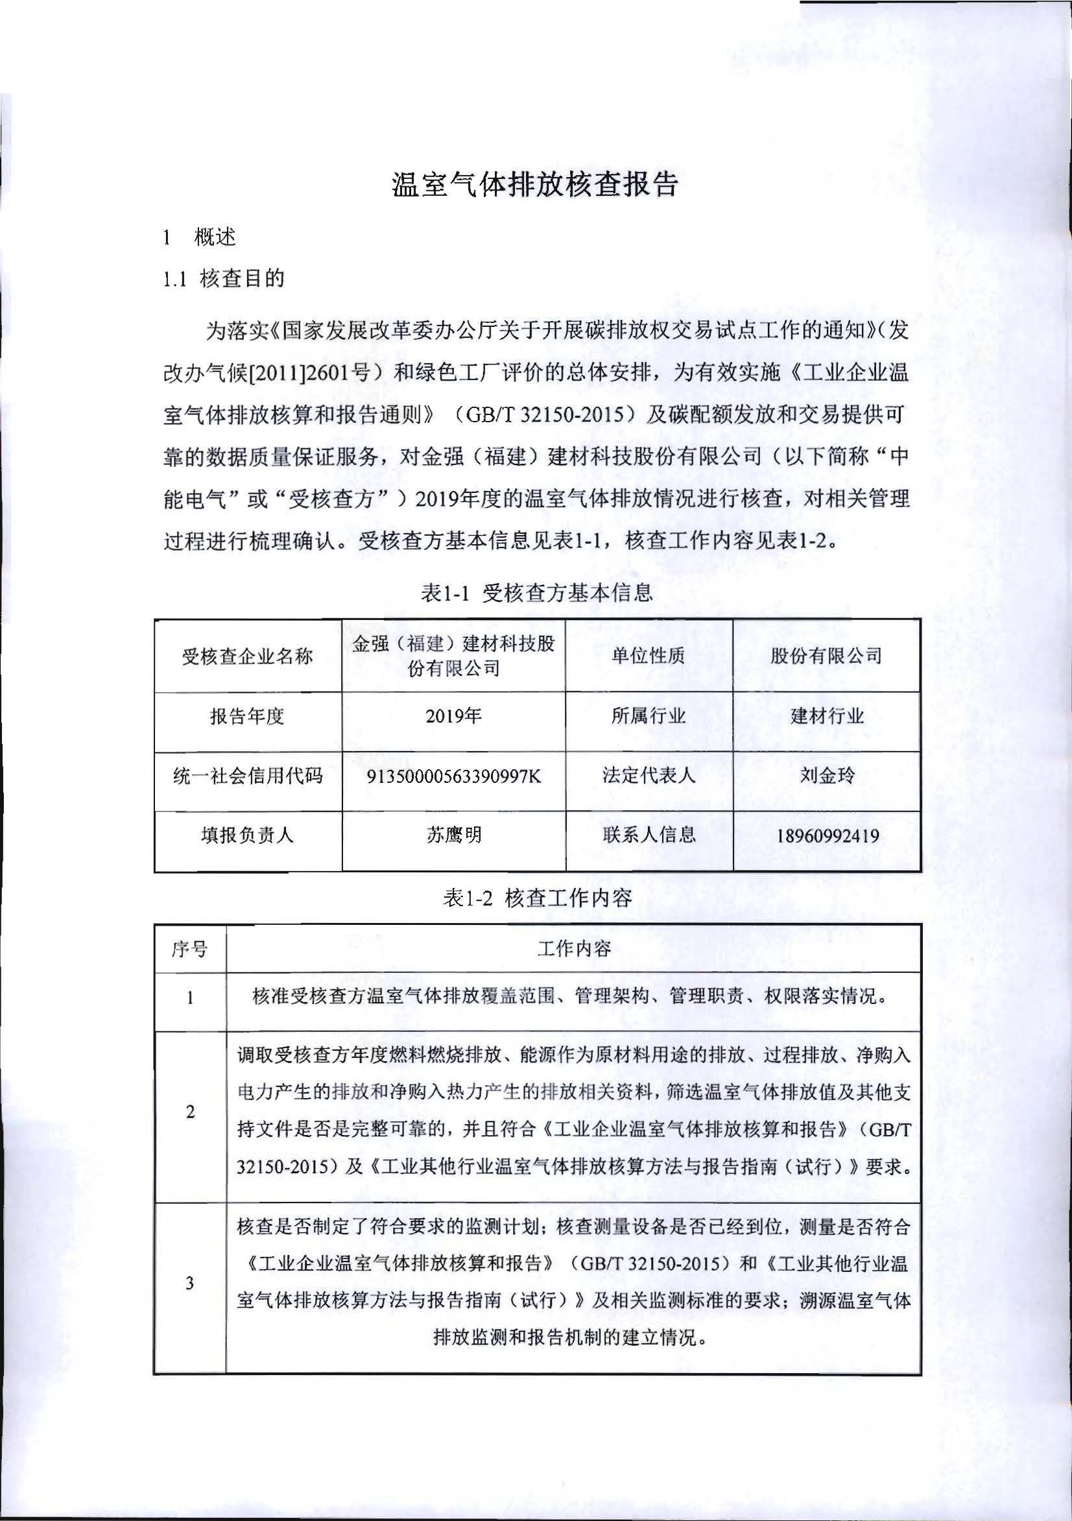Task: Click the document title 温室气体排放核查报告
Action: pos(534,184)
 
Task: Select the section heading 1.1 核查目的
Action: pos(223,278)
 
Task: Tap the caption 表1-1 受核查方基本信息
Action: pos(537,592)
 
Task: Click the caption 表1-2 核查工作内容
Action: pos(537,898)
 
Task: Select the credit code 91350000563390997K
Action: pos(453,776)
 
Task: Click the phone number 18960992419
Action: pos(828,835)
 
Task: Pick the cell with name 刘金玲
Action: pos(827,775)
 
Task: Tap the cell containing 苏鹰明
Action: pos(453,835)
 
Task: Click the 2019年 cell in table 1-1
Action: pos(453,716)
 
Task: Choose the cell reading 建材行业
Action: pos(827,716)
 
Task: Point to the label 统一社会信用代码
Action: pos(247,776)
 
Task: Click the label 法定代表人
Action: pos(649,775)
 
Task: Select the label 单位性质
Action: pos(648,656)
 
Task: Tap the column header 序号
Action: pos(189,950)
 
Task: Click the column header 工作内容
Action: pos(574,949)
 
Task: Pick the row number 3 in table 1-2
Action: pos(189,1282)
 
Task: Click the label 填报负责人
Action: pos(247,835)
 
